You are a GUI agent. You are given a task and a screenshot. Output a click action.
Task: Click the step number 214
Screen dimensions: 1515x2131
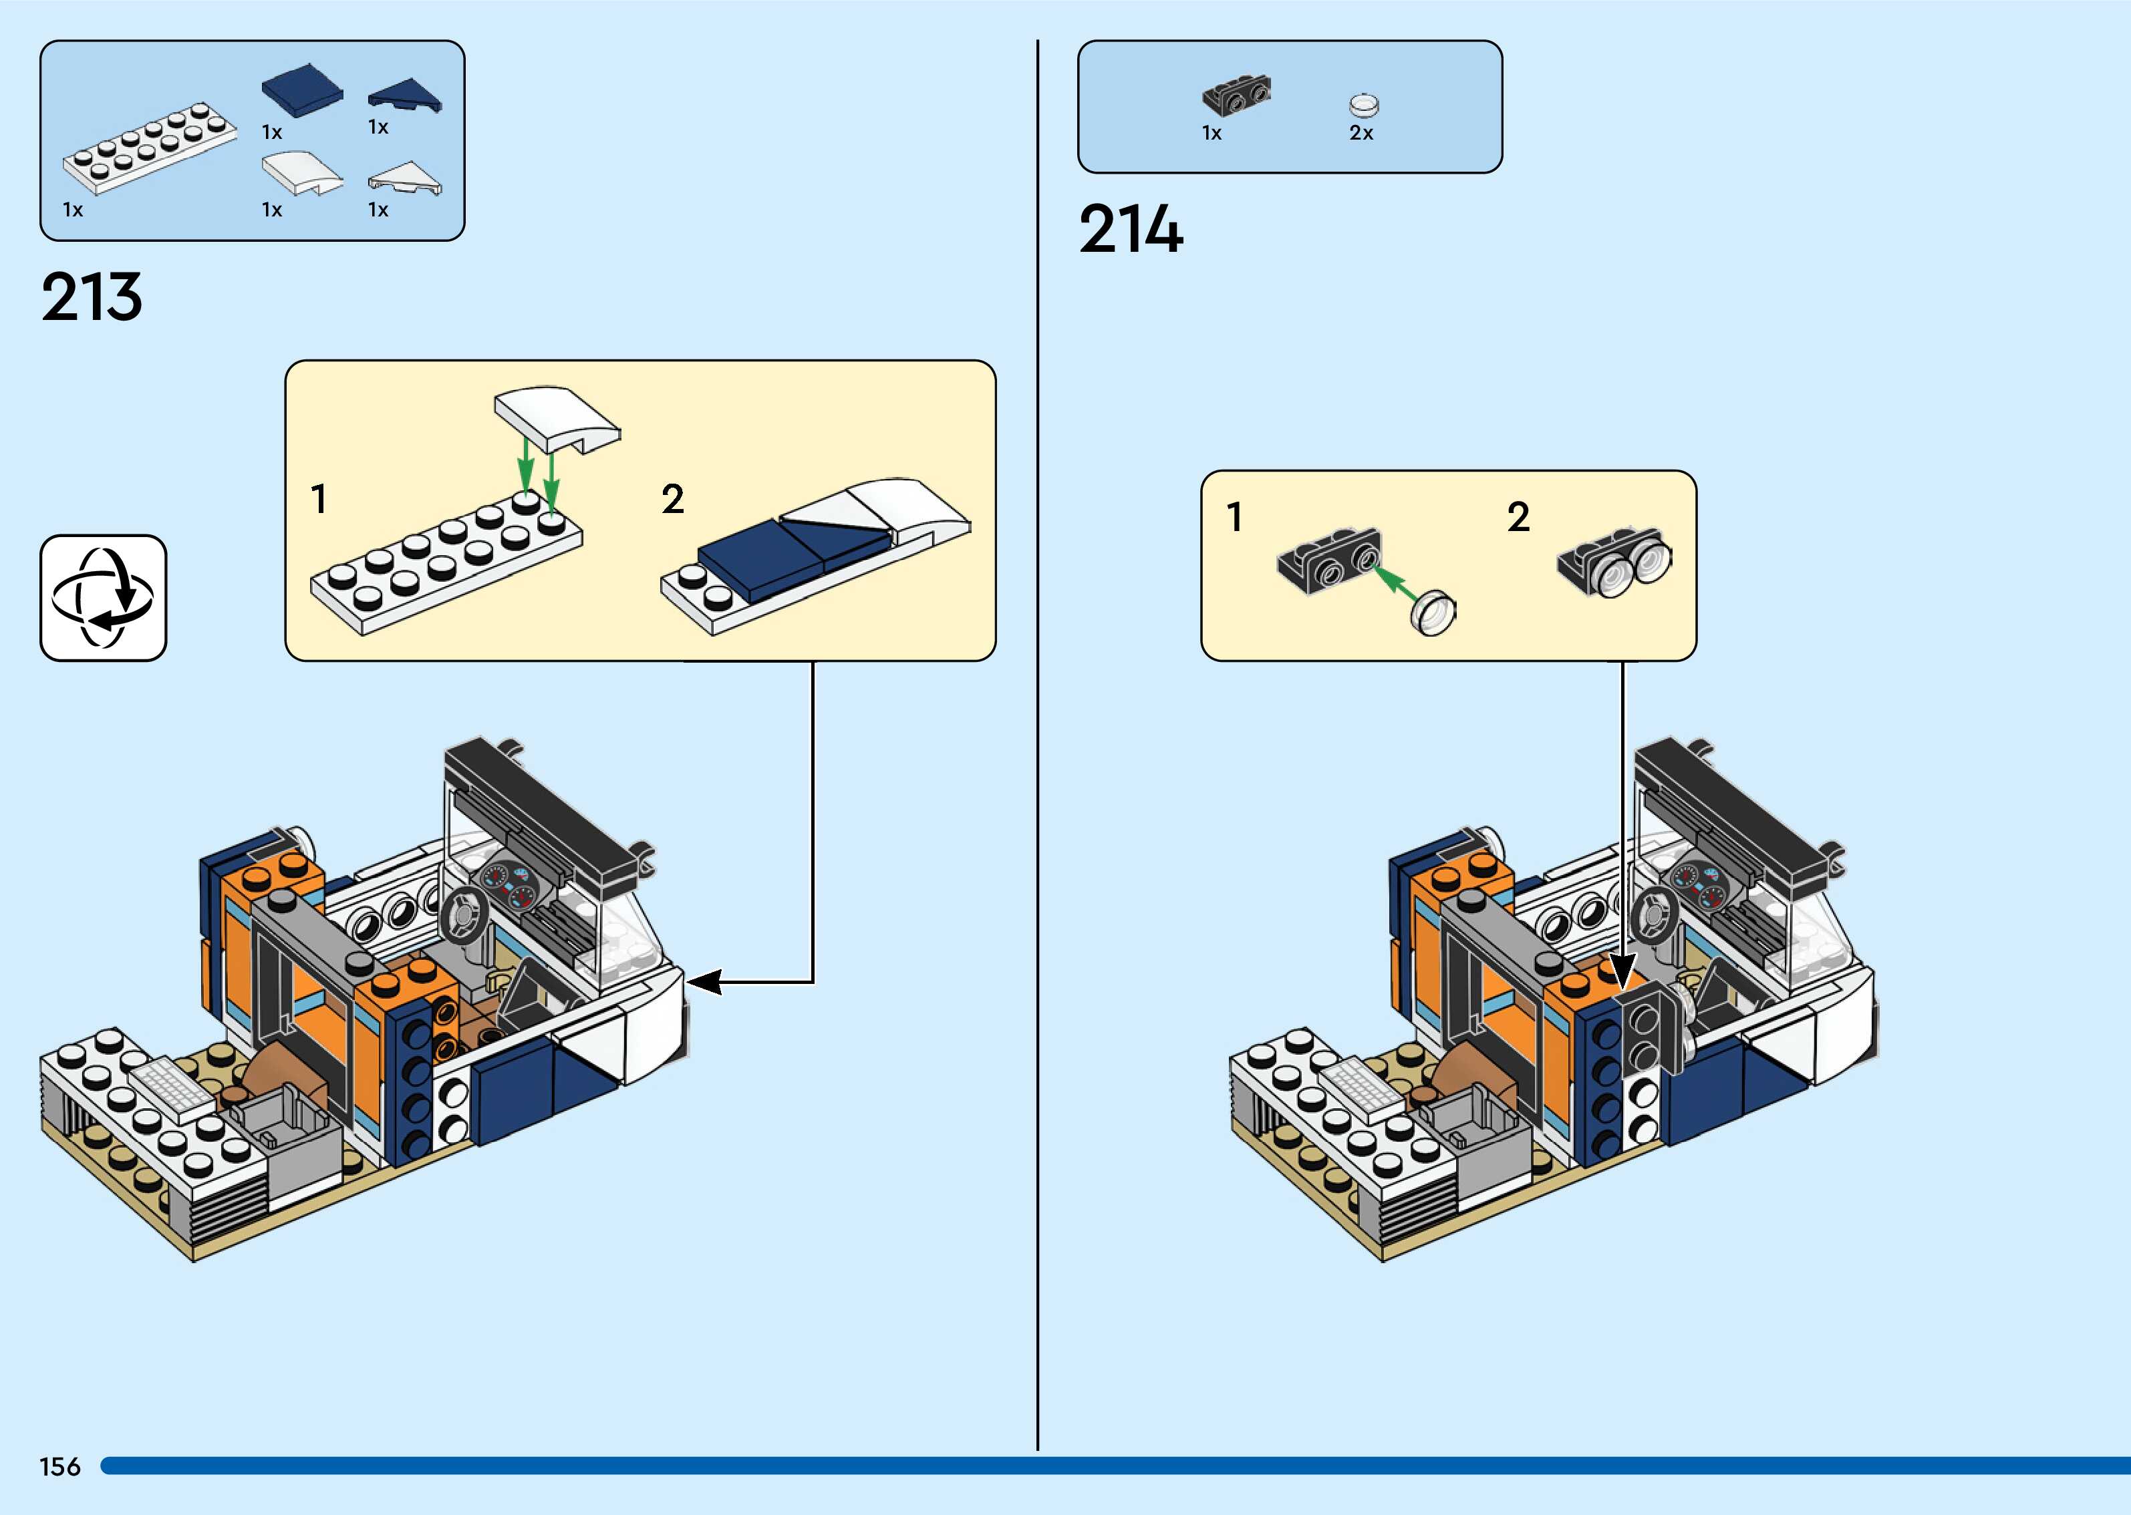(1131, 230)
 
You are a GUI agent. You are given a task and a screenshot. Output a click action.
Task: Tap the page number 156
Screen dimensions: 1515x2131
(59, 1466)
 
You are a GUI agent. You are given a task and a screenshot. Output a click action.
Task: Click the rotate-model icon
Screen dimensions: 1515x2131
(103, 598)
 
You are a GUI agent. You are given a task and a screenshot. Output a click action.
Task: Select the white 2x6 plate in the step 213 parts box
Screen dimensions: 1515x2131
(149, 148)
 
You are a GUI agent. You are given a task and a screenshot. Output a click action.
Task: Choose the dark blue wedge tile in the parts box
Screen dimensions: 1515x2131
(405, 96)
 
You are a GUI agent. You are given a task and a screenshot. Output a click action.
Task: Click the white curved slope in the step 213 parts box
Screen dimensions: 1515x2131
(302, 172)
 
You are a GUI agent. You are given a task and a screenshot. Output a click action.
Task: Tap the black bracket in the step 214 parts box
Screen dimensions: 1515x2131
(1237, 95)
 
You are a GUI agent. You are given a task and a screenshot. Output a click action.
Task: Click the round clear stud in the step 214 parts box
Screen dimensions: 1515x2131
(1364, 104)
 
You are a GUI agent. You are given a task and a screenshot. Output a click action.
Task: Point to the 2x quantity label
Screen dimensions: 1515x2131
(1361, 134)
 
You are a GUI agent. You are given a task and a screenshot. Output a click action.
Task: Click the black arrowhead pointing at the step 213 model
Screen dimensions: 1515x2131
(704, 981)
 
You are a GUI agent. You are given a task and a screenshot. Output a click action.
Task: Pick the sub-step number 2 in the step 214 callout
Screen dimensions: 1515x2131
(1518, 517)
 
